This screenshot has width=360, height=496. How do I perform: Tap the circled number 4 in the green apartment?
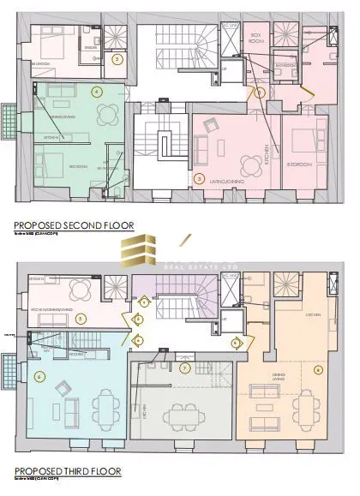tap(97, 91)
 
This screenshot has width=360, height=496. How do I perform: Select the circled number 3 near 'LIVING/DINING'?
tap(199, 179)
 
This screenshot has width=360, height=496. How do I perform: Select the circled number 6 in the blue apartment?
tap(39, 376)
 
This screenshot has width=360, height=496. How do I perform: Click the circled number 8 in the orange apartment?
tap(318, 370)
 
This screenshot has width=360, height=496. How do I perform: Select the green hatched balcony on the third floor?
tap(8, 365)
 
